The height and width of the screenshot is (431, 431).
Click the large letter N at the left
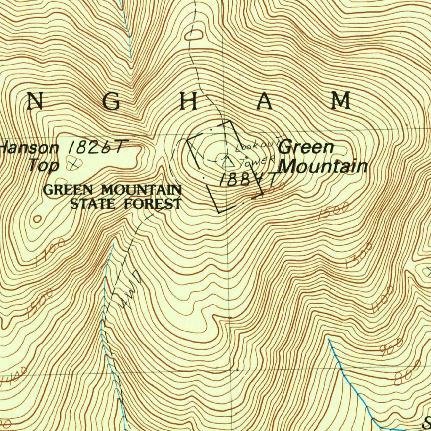35,101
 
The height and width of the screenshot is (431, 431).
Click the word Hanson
30,148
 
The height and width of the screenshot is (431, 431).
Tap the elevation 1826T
96,147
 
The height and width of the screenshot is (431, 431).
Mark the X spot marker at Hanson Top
75,164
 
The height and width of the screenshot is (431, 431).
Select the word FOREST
153,205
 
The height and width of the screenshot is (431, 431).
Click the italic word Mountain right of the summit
323,167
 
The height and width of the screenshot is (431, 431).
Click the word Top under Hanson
44,165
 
